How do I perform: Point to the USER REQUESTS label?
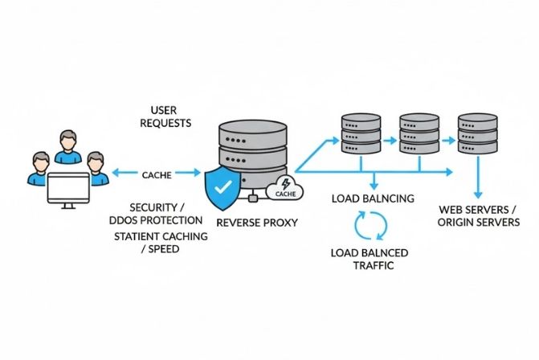(x=165, y=117)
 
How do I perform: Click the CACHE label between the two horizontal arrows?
(x=156, y=174)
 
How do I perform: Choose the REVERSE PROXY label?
(x=258, y=222)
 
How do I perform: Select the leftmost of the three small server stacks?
(x=361, y=135)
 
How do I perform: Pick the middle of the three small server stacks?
(x=419, y=135)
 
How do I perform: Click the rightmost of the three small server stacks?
(x=478, y=135)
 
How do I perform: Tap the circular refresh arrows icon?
(x=371, y=226)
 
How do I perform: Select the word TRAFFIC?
(x=370, y=265)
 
